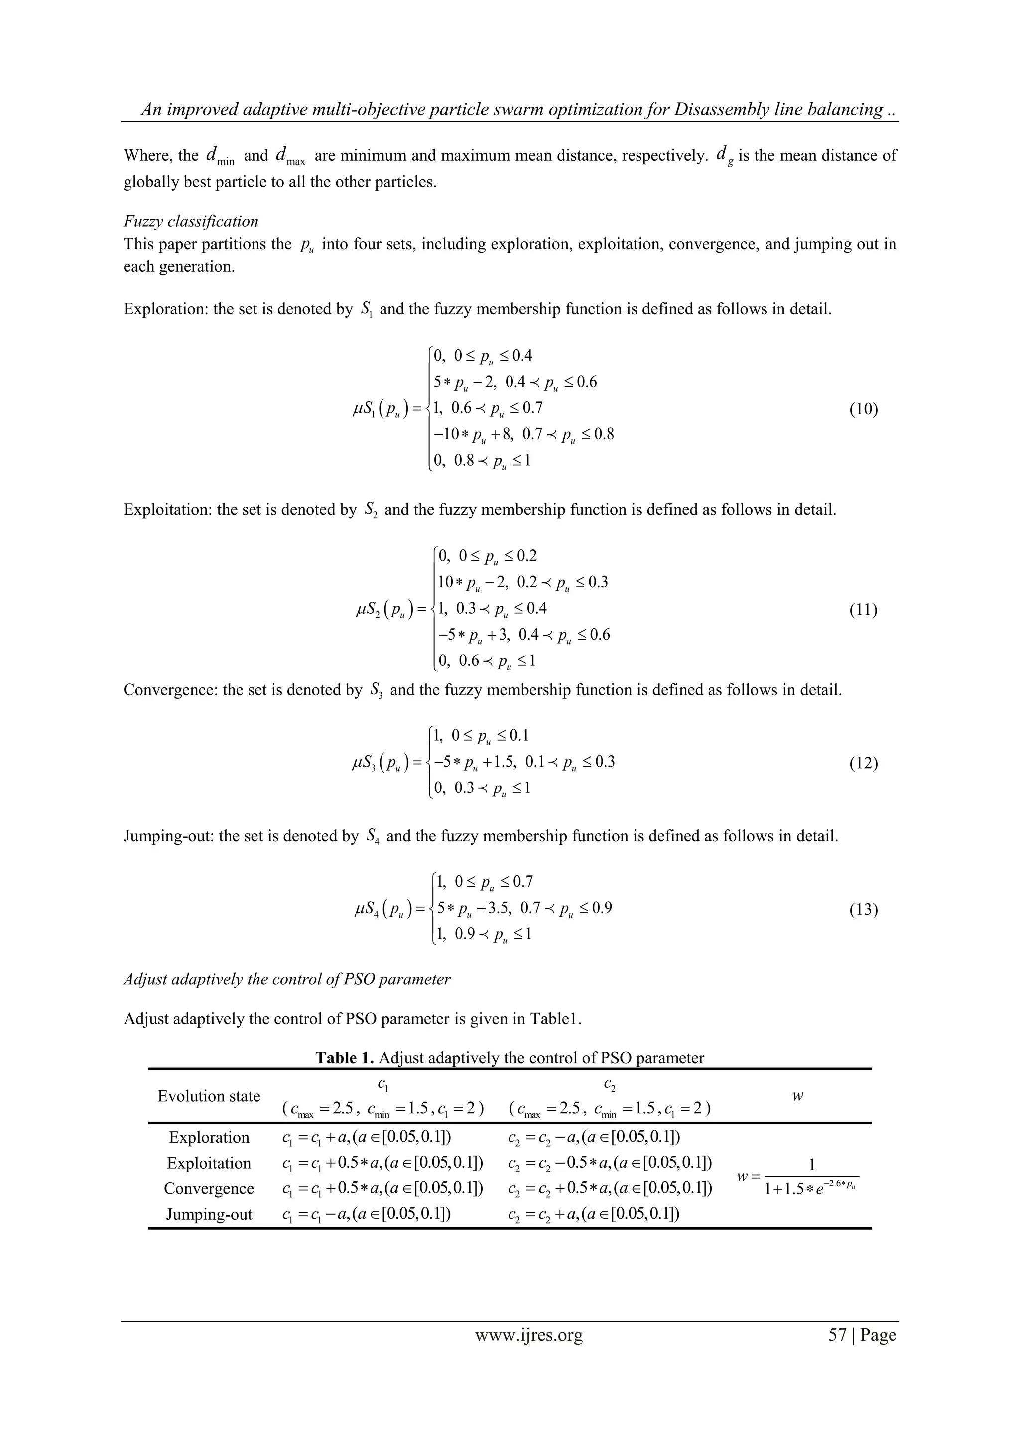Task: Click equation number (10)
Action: pyautogui.click(x=863, y=410)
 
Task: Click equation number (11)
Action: pyautogui.click(x=863, y=610)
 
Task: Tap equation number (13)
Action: pyautogui.click(x=863, y=910)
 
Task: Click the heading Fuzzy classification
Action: pyautogui.click(x=190, y=221)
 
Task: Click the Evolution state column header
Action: pyautogui.click(x=209, y=1097)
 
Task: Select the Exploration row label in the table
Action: pyautogui.click(x=209, y=1138)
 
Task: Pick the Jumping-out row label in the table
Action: pyautogui.click(x=209, y=1215)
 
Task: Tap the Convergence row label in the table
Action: pyautogui.click(x=209, y=1189)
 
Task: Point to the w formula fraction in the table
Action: pyautogui.click(x=811, y=1177)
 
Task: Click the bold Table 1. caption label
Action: pyautogui.click(x=344, y=1058)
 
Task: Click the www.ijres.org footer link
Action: pyautogui.click(x=528, y=1352)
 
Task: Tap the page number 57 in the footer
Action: pyautogui.click(x=837, y=1352)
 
